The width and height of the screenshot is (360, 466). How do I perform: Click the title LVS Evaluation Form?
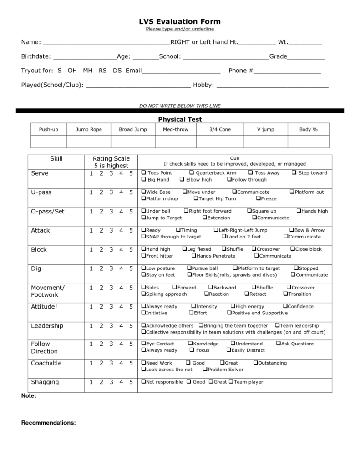(180, 21)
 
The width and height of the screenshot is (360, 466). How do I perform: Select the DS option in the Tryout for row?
(117, 71)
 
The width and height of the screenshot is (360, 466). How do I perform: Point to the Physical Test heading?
(180, 119)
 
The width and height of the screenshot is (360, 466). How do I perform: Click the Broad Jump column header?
(133, 130)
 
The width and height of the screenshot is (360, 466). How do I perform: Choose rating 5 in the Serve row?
(131, 173)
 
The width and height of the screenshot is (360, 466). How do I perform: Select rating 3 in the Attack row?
(111, 231)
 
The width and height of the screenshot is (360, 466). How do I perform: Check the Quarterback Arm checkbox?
(193, 173)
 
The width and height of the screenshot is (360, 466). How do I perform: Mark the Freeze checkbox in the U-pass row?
(258, 198)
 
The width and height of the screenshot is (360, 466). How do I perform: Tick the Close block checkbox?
(292, 249)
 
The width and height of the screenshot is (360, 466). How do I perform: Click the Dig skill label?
(36, 269)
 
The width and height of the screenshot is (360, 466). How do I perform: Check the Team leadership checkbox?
(277, 326)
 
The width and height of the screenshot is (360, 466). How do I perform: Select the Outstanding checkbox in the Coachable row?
(255, 363)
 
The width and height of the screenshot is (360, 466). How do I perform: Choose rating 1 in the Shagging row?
(91, 382)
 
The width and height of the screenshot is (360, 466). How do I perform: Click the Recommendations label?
(48, 423)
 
